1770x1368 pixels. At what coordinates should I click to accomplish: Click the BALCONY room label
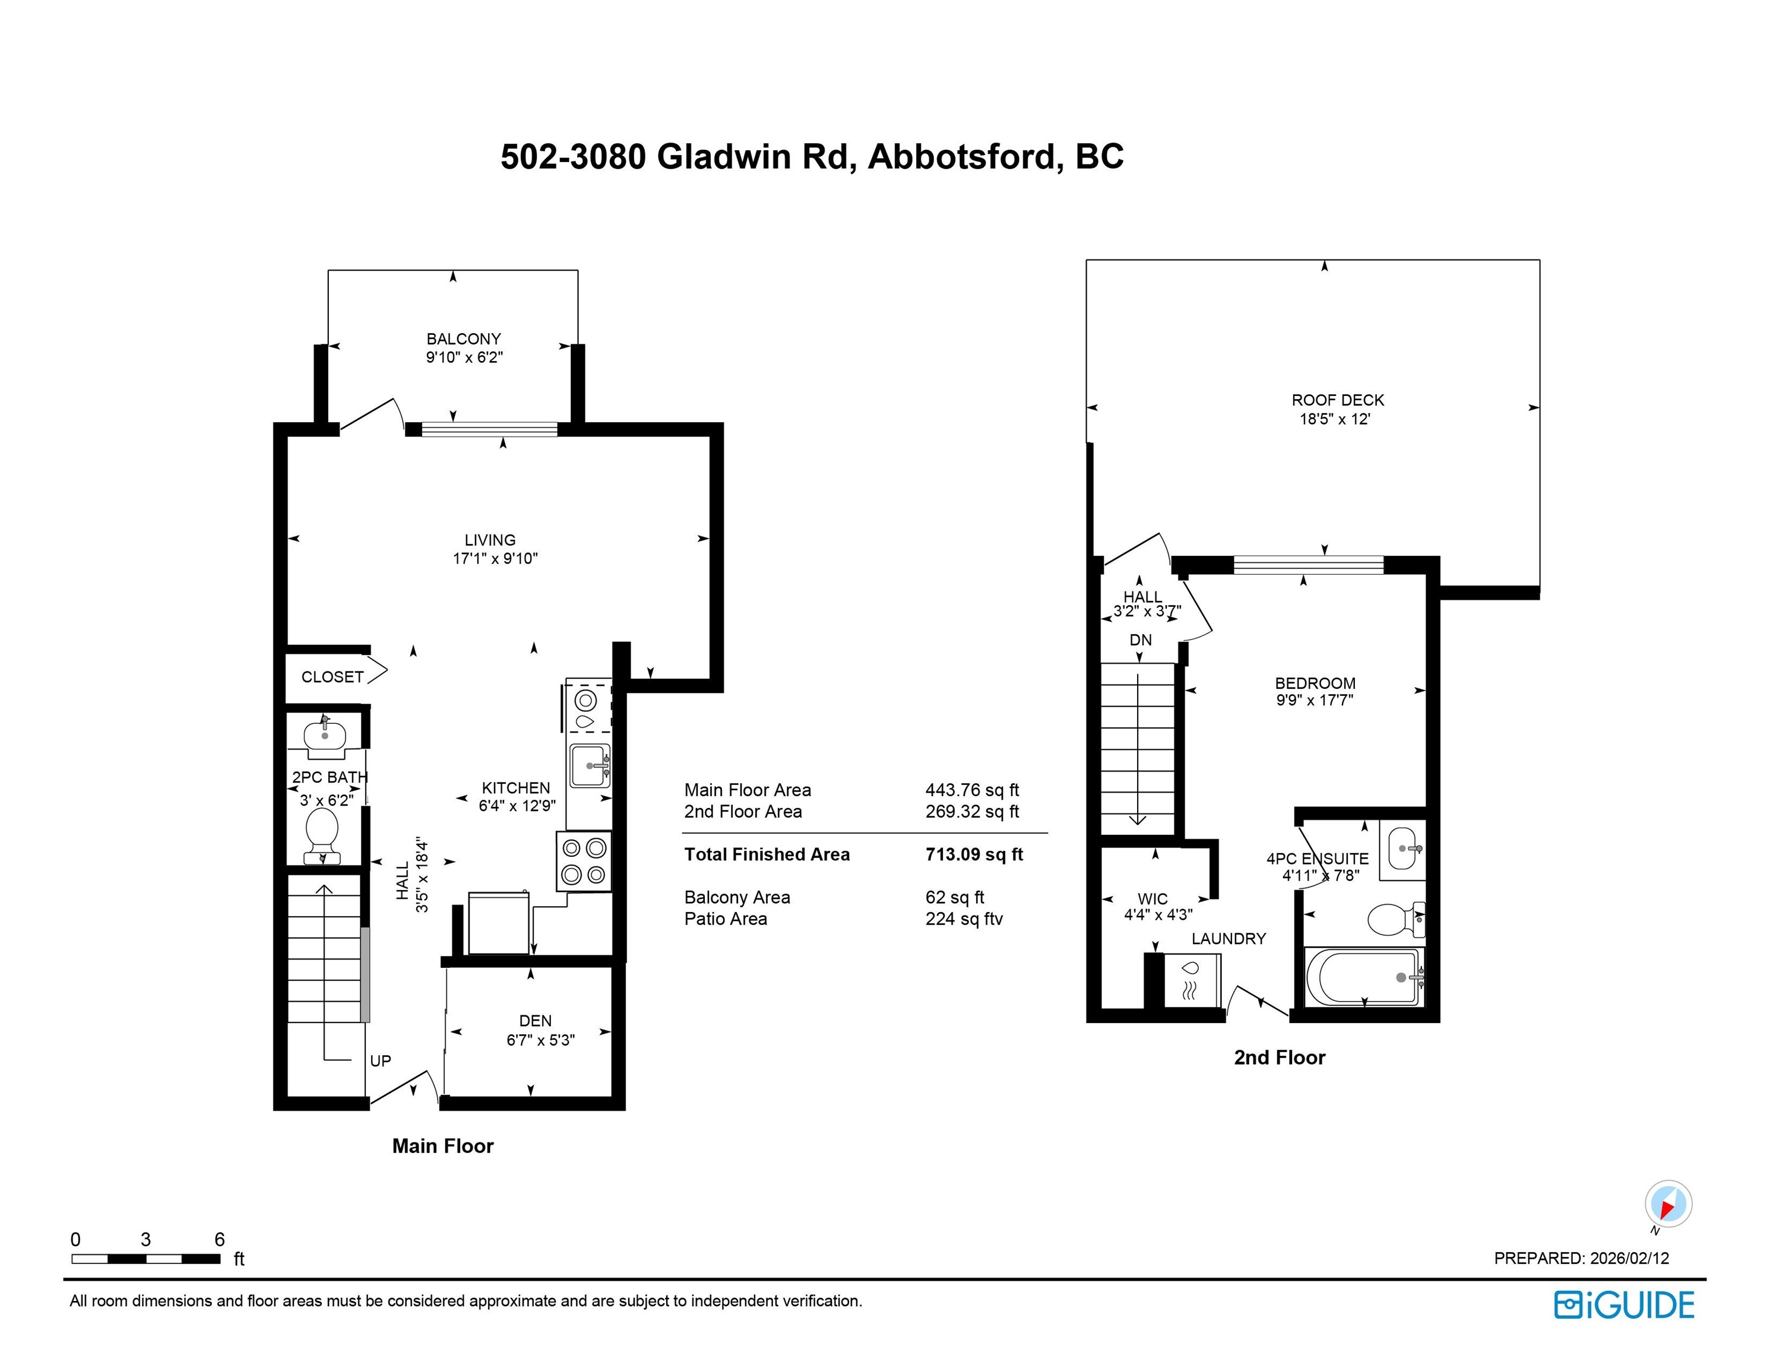(464, 339)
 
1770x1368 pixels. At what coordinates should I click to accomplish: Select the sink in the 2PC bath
(325, 736)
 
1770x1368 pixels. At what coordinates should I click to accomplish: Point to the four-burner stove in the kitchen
(584, 861)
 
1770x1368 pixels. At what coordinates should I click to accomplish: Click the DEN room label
(535, 1021)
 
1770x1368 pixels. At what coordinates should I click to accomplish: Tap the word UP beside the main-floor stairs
(380, 1061)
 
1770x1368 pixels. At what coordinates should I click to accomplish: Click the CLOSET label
(333, 677)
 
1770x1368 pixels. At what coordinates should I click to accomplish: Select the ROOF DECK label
(1337, 400)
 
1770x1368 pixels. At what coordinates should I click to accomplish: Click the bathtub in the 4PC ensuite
(1364, 977)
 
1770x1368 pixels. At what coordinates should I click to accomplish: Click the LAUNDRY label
(1228, 939)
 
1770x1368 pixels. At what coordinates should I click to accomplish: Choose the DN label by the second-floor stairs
(1140, 639)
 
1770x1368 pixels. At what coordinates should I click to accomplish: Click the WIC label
(1152, 899)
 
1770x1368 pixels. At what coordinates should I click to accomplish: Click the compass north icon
(1668, 1204)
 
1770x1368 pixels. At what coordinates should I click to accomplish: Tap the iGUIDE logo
(1624, 1305)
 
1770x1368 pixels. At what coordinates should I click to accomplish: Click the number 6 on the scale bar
(220, 1239)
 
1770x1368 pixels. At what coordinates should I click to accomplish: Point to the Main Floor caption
(442, 1146)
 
